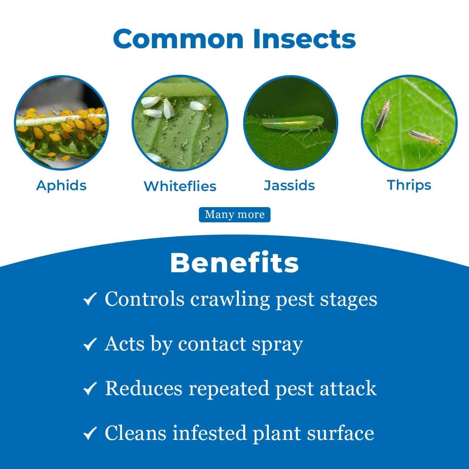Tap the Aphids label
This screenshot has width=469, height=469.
pyautogui.click(x=61, y=185)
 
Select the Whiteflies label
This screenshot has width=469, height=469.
pyautogui.click(x=180, y=186)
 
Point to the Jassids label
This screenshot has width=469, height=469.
pyautogui.click(x=289, y=185)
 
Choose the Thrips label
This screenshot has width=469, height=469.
pyautogui.click(x=409, y=185)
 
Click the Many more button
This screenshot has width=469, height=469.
pyautogui.click(x=234, y=215)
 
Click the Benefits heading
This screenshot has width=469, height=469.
pyautogui.click(x=234, y=263)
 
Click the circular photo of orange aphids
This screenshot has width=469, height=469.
pyautogui.click(x=61, y=123)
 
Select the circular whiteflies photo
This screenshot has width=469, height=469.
pyautogui.click(x=180, y=123)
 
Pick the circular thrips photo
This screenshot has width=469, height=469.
pyautogui.click(x=409, y=123)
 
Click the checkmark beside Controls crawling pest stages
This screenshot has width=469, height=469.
pyautogui.click(x=89, y=299)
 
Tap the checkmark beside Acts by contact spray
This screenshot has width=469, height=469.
pyautogui.click(x=89, y=344)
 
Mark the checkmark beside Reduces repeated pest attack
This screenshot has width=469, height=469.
pyautogui.click(x=89, y=389)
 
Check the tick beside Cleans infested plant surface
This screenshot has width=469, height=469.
pyautogui.click(x=89, y=433)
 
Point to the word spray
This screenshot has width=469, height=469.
pyautogui.click(x=278, y=345)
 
